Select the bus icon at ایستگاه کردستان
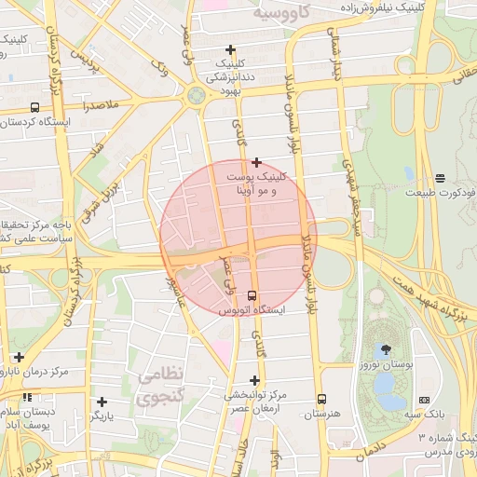[x=35, y=107]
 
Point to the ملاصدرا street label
[x=100, y=107]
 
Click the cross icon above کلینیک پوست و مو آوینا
[x=256, y=162]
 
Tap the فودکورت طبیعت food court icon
[x=440, y=178]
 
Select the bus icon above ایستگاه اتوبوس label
[x=251, y=295]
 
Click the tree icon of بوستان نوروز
[x=386, y=349]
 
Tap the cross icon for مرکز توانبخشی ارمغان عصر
[x=254, y=380]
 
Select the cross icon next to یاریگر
[x=102, y=402]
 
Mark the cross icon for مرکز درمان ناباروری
[x=19, y=357]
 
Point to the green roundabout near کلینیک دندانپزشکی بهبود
[x=197, y=95]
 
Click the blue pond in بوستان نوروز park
[x=389, y=401]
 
